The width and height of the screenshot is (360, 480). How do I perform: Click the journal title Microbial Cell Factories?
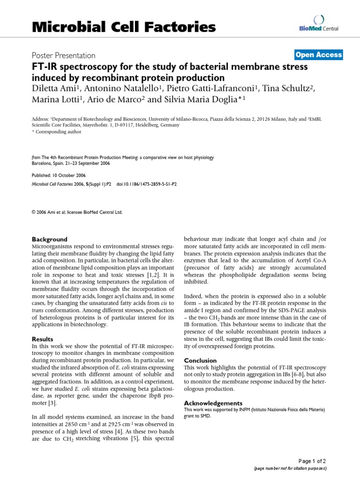(123, 28)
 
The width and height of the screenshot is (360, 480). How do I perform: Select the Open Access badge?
(318, 55)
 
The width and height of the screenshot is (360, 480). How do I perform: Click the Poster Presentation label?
(63, 55)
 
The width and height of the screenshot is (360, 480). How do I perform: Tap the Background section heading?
(49, 239)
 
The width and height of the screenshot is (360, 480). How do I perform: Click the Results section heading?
(42, 339)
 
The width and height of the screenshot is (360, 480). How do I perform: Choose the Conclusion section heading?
(200, 360)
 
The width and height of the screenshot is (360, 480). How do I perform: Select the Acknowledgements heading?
(213, 403)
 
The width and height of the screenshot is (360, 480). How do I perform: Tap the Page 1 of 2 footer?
(313, 462)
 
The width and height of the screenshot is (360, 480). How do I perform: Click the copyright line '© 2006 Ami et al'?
(77, 212)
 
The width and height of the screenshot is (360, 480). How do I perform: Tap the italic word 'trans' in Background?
(37, 311)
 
